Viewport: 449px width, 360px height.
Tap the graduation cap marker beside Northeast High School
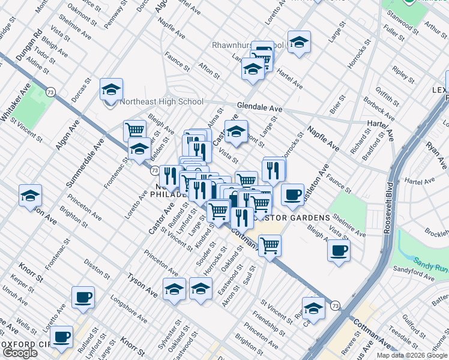pos(111,89)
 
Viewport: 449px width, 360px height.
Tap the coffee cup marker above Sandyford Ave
pos(339,249)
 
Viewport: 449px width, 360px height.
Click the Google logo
pos(20,353)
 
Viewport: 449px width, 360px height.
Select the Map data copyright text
pos(412,355)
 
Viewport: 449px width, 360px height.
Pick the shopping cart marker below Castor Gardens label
pos(270,245)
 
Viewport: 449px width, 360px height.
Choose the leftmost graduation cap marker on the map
pos(29,196)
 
